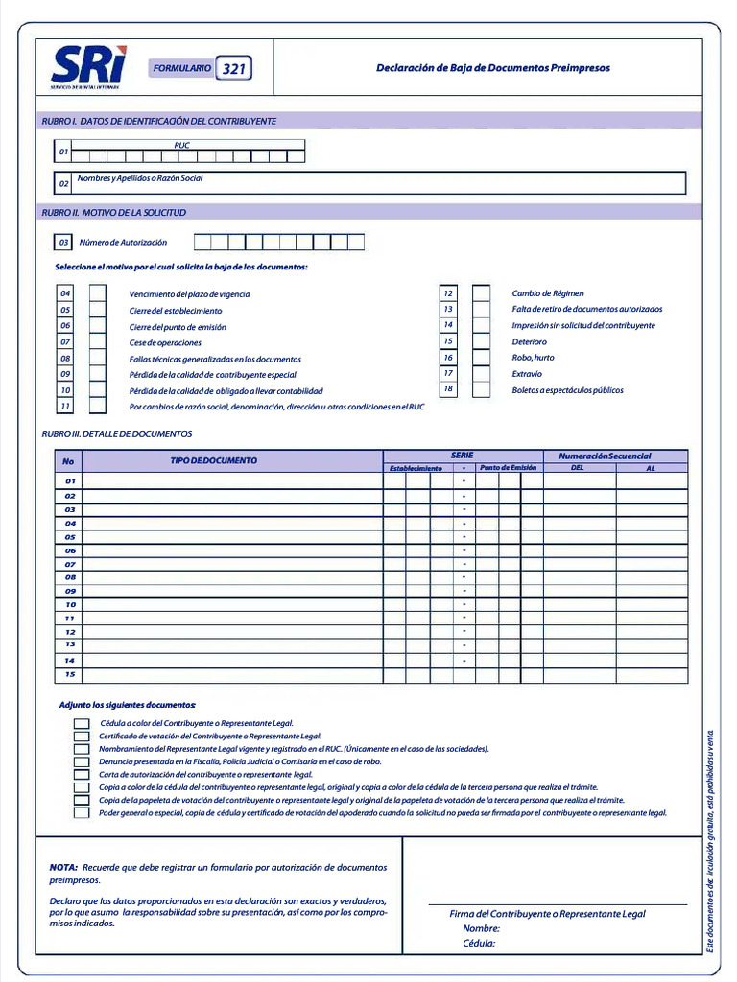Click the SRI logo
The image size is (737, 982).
(x=88, y=67)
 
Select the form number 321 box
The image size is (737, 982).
(x=233, y=69)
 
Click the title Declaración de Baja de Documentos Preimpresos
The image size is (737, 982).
(x=492, y=68)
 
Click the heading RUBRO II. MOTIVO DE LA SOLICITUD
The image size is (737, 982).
(x=114, y=212)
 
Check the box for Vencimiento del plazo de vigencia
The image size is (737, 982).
(x=97, y=293)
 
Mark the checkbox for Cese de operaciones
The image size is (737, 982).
(x=97, y=341)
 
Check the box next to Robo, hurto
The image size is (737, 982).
(x=481, y=357)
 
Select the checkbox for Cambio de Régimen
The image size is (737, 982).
(x=481, y=293)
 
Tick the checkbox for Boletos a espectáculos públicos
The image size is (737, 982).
(x=481, y=389)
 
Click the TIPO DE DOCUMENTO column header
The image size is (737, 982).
(x=214, y=460)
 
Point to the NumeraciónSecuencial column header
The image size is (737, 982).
(x=605, y=456)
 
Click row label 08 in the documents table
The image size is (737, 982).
(x=70, y=577)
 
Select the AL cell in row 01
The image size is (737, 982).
(x=652, y=481)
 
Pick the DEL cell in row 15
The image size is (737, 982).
(x=580, y=675)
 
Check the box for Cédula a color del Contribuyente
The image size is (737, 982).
(x=82, y=723)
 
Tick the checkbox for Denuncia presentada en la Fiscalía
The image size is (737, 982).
(x=82, y=761)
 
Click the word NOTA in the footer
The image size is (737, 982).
(x=63, y=867)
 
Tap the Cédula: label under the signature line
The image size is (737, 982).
(x=479, y=943)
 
